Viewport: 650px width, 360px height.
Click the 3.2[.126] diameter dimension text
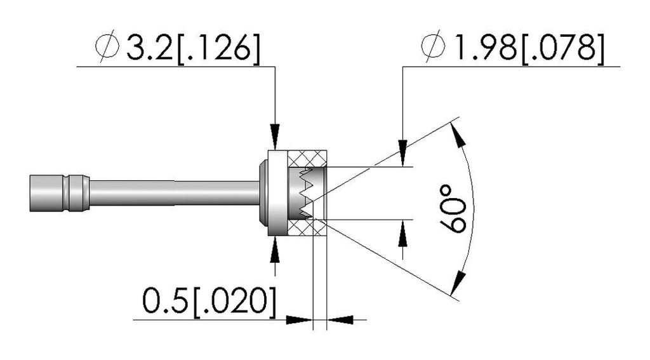[194, 48]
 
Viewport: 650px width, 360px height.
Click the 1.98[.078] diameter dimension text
[529, 48]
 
